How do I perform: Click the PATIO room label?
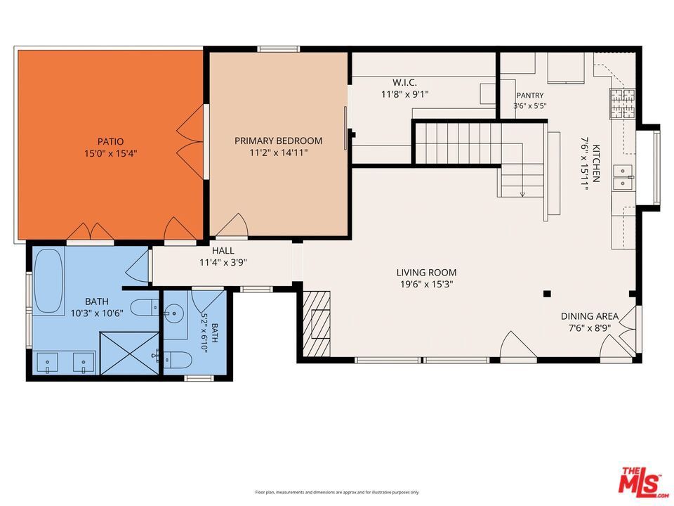110,141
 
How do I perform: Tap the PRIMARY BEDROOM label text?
279,141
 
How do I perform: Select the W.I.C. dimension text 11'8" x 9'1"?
405,93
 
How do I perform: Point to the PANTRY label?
530,95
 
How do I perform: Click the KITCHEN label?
596,163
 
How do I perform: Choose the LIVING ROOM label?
426,273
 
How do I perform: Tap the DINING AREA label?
590,316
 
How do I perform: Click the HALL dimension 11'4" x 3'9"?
223,262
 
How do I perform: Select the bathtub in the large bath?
48,281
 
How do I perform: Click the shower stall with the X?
129,353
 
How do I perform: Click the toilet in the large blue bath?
145,307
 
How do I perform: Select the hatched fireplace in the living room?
317,324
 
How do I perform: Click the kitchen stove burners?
623,103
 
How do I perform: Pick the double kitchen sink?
623,177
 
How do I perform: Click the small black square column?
547,294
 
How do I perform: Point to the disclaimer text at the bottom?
336,492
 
